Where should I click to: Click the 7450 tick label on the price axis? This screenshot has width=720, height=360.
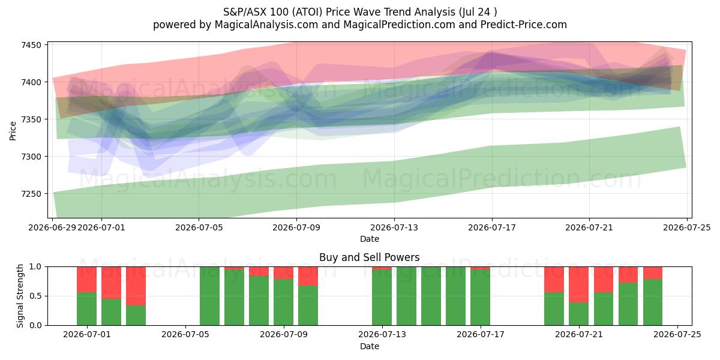[x=31, y=45]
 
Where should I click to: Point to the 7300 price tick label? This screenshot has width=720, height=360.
[x=31, y=157]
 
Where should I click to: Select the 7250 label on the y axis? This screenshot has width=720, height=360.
[x=31, y=194]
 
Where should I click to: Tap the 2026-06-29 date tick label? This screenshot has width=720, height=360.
[x=52, y=227]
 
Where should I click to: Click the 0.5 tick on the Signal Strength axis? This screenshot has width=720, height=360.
[x=35, y=296]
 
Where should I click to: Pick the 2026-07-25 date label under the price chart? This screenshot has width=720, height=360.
[x=687, y=227]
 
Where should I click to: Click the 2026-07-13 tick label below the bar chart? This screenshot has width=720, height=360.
[x=382, y=335]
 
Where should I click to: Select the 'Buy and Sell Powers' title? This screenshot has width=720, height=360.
[x=370, y=257]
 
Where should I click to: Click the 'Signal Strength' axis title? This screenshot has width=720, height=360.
[x=20, y=296]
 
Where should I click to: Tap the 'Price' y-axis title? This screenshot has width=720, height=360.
[x=13, y=131]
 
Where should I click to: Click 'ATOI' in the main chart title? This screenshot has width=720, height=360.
[x=308, y=12]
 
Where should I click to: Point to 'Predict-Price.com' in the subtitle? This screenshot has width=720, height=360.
[x=524, y=25]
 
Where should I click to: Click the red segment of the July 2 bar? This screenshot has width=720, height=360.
[x=111, y=283]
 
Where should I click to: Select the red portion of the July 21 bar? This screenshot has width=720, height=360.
[x=578, y=284]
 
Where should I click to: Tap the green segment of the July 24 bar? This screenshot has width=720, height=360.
[x=653, y=302]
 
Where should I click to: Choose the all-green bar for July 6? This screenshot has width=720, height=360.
[x=209, y=296]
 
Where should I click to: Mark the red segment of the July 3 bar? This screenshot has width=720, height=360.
[x=136, y=286]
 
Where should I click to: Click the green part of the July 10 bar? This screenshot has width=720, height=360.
[x=308, y=305]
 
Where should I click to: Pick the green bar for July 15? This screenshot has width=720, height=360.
[x=431, y=296]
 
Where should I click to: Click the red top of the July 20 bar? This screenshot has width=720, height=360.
[x=554, y=280]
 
